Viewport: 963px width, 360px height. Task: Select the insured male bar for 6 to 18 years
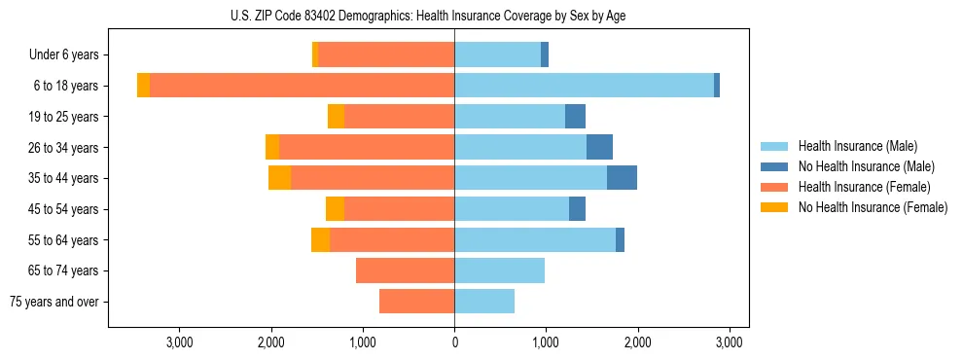click(584, 86)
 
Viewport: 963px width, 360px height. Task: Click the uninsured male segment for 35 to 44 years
click(622, 178)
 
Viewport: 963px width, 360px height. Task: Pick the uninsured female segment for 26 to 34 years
click(272, 147)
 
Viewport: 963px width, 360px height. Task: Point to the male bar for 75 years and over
click(484, 302)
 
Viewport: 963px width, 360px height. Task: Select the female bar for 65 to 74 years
click(405, 270)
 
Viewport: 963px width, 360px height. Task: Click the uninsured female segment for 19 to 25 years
click(336, 117)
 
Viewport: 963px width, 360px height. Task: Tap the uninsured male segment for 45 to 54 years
click(577, 209)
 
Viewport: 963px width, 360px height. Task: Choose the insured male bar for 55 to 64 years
click(535, 240)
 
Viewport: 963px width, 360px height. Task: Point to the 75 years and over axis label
click(54, 302)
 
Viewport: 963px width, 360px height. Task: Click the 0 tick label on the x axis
click(454, 342)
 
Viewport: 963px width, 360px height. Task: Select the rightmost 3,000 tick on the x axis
click(730, 342)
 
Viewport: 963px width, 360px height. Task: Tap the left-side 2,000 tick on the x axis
click(270, 342)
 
